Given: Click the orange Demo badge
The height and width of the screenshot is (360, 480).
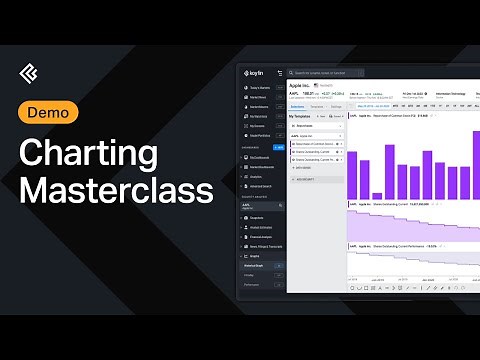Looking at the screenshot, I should tap(49, 113).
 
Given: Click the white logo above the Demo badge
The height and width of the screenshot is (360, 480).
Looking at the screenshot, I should tap(30, 74).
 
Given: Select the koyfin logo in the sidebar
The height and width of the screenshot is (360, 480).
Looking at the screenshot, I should tap(257, 73).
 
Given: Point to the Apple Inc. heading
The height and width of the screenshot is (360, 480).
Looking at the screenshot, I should tap(304, 87).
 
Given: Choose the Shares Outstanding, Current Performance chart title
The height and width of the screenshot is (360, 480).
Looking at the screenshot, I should tap(390, 243).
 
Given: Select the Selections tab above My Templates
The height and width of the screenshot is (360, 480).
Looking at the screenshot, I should tap(297, 106).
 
